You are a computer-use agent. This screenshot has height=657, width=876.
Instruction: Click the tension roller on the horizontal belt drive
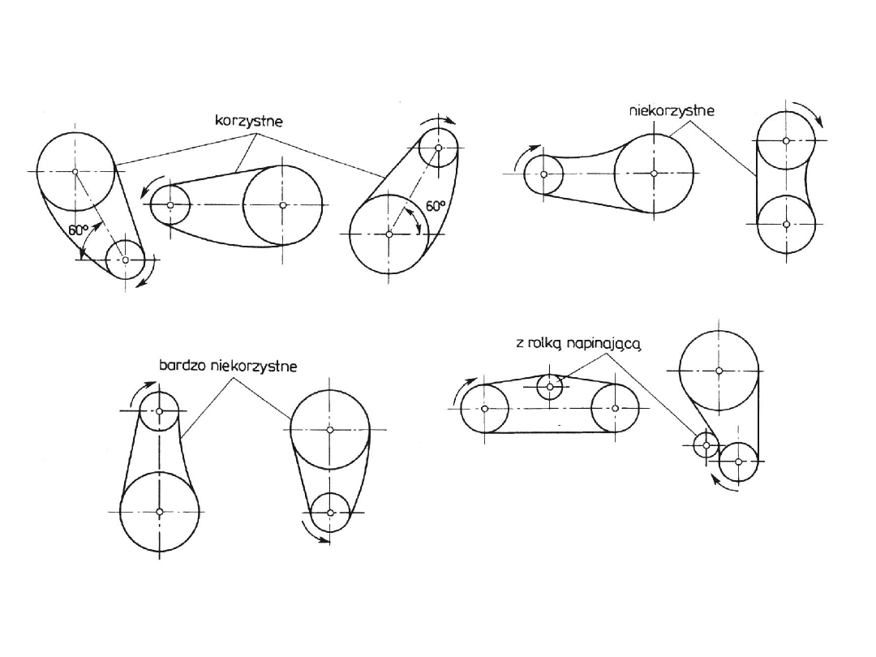coord(550,387)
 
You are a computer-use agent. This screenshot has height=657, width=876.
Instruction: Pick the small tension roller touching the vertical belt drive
coord(706,444)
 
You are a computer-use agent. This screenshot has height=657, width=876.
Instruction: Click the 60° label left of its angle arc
coord(79,230)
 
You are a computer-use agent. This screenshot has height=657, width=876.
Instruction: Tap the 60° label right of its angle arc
coord(436,206)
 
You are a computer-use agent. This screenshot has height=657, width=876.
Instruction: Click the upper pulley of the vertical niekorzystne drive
coord(786,140)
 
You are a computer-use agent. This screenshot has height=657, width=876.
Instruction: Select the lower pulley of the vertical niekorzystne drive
coord(786,223)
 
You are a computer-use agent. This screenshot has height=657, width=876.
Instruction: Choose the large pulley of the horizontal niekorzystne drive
coord(654,173)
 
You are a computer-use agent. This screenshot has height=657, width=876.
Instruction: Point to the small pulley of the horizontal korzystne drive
coord(170,205)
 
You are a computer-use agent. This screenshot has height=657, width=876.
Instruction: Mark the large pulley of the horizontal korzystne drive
coord(282,205)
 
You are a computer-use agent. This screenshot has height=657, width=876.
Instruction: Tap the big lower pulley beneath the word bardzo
coord(160,511)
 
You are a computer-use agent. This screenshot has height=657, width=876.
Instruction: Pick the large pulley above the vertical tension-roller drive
coord(719,371)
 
